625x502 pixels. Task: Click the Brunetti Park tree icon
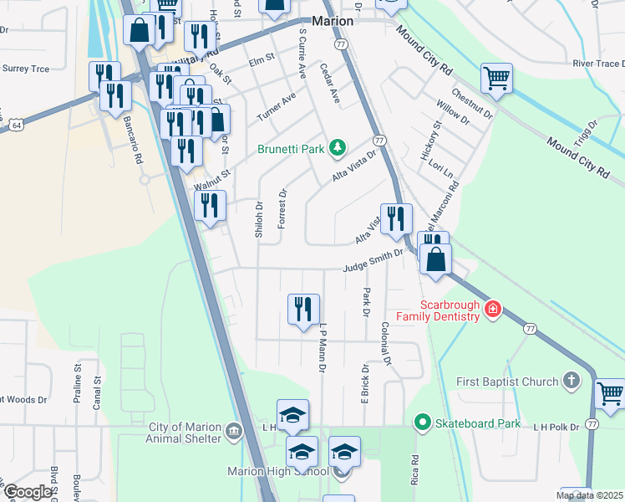tap(338, 148)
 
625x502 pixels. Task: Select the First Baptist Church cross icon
tap(572, 382)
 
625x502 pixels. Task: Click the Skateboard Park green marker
tap(424, 423)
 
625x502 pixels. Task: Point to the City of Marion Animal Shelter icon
tap(235, 432)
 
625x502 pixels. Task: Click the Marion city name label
tap(332, 22)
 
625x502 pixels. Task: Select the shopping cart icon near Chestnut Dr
tap(496, 79)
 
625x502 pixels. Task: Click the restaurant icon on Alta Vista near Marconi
tap(395, 218)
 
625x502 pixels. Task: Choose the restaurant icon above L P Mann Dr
tap(303, 309)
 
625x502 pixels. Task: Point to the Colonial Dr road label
tap(385, 344)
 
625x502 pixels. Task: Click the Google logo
tap(28, 492)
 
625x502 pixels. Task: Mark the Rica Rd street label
tap(414, 473)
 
